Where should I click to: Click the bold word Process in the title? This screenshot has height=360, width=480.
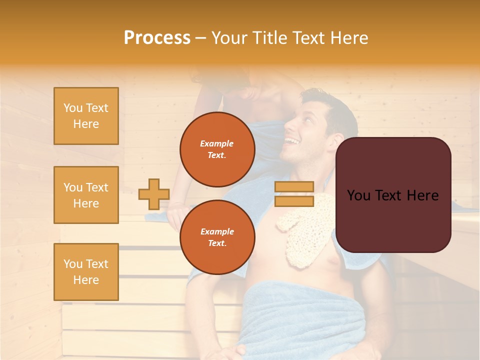(157, 38)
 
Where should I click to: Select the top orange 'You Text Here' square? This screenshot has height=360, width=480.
(86, 116)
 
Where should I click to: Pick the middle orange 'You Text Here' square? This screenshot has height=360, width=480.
(86, 195)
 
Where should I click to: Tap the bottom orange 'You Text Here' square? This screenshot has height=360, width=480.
(86, 272)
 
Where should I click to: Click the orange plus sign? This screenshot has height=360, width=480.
(153, 194)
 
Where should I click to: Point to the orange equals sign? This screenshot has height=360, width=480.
(294, 194)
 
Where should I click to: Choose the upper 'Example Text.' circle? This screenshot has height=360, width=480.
(217, 149)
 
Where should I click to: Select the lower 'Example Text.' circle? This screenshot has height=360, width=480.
(217, 237)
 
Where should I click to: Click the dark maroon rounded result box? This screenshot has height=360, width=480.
(393, 194)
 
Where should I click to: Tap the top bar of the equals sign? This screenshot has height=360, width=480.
(294, 186)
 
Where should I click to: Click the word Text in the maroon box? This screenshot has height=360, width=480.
(391, 195)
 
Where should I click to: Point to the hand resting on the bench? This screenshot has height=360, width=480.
(176, 212)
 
